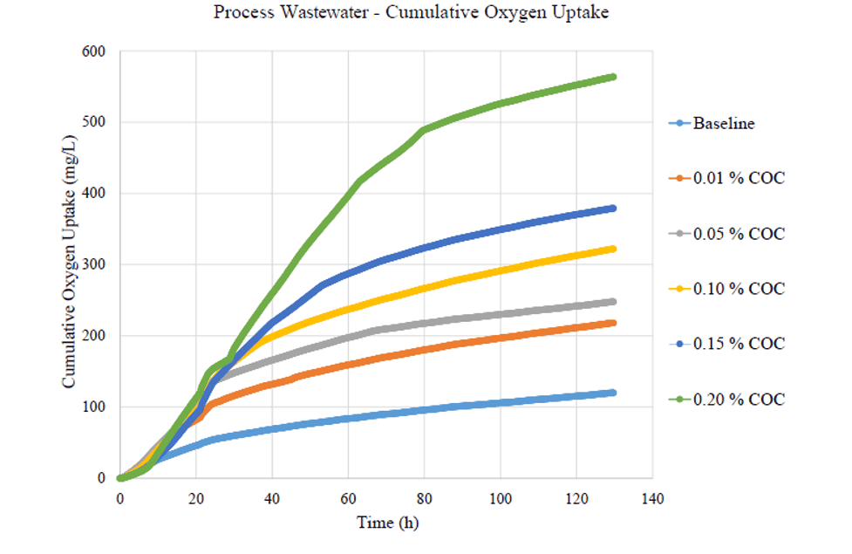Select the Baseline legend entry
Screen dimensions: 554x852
click(x=724, y=123)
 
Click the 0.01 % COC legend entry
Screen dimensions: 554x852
click(x=739, y=178)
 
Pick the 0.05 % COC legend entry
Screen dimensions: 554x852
click(x=739, y=234)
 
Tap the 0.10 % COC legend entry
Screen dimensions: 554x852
click(x=739, y=289)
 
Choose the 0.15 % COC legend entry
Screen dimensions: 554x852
click(x=739, y=344)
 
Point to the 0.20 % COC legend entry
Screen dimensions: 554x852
click(x=739, y=400)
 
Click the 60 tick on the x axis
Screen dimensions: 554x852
click(x=348, y=499)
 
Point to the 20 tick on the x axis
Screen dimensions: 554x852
click(x=196, y=499)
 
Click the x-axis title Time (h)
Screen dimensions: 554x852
click(x=388, y=523)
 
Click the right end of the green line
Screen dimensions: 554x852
click(x=613, y=77)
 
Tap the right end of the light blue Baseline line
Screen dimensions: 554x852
click(x=613, y=393)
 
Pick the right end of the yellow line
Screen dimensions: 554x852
click(x=613, y=249)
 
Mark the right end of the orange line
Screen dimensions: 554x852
click(x=613, y=323)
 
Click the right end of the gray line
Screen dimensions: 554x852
click(x=613, y=302)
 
